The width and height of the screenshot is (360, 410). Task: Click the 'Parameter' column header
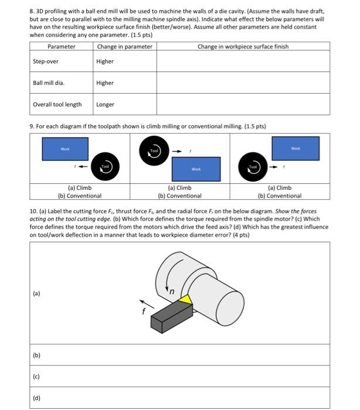(x=61, y=47)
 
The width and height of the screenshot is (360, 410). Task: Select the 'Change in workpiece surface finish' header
(x=243, y=47)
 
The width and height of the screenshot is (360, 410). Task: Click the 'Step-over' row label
(x=46, y=61)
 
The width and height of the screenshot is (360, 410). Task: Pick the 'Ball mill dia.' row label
(x=49, y=83)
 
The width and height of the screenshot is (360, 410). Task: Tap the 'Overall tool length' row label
(x=57, y=105)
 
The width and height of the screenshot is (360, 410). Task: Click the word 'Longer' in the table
(x=106, y=105)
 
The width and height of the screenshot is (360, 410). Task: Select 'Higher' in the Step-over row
(x=105, y=61)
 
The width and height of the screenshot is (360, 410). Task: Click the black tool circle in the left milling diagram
(x=106, y=167)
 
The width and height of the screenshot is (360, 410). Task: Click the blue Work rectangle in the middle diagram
(x=196, y=169)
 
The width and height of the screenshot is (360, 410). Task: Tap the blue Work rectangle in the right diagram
(x=296, y=149)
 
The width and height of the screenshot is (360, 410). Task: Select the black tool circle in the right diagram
(x=253, y=166)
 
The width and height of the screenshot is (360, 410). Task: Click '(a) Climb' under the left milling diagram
(x=80, y=188)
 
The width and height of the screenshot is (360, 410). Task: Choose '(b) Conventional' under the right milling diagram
(x=280, y=196)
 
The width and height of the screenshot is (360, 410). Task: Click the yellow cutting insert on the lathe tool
(x=186, y=300)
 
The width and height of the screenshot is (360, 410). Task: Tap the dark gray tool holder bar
(x=167, y=316)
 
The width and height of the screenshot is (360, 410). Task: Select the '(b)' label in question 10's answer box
(x=36, y=355)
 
